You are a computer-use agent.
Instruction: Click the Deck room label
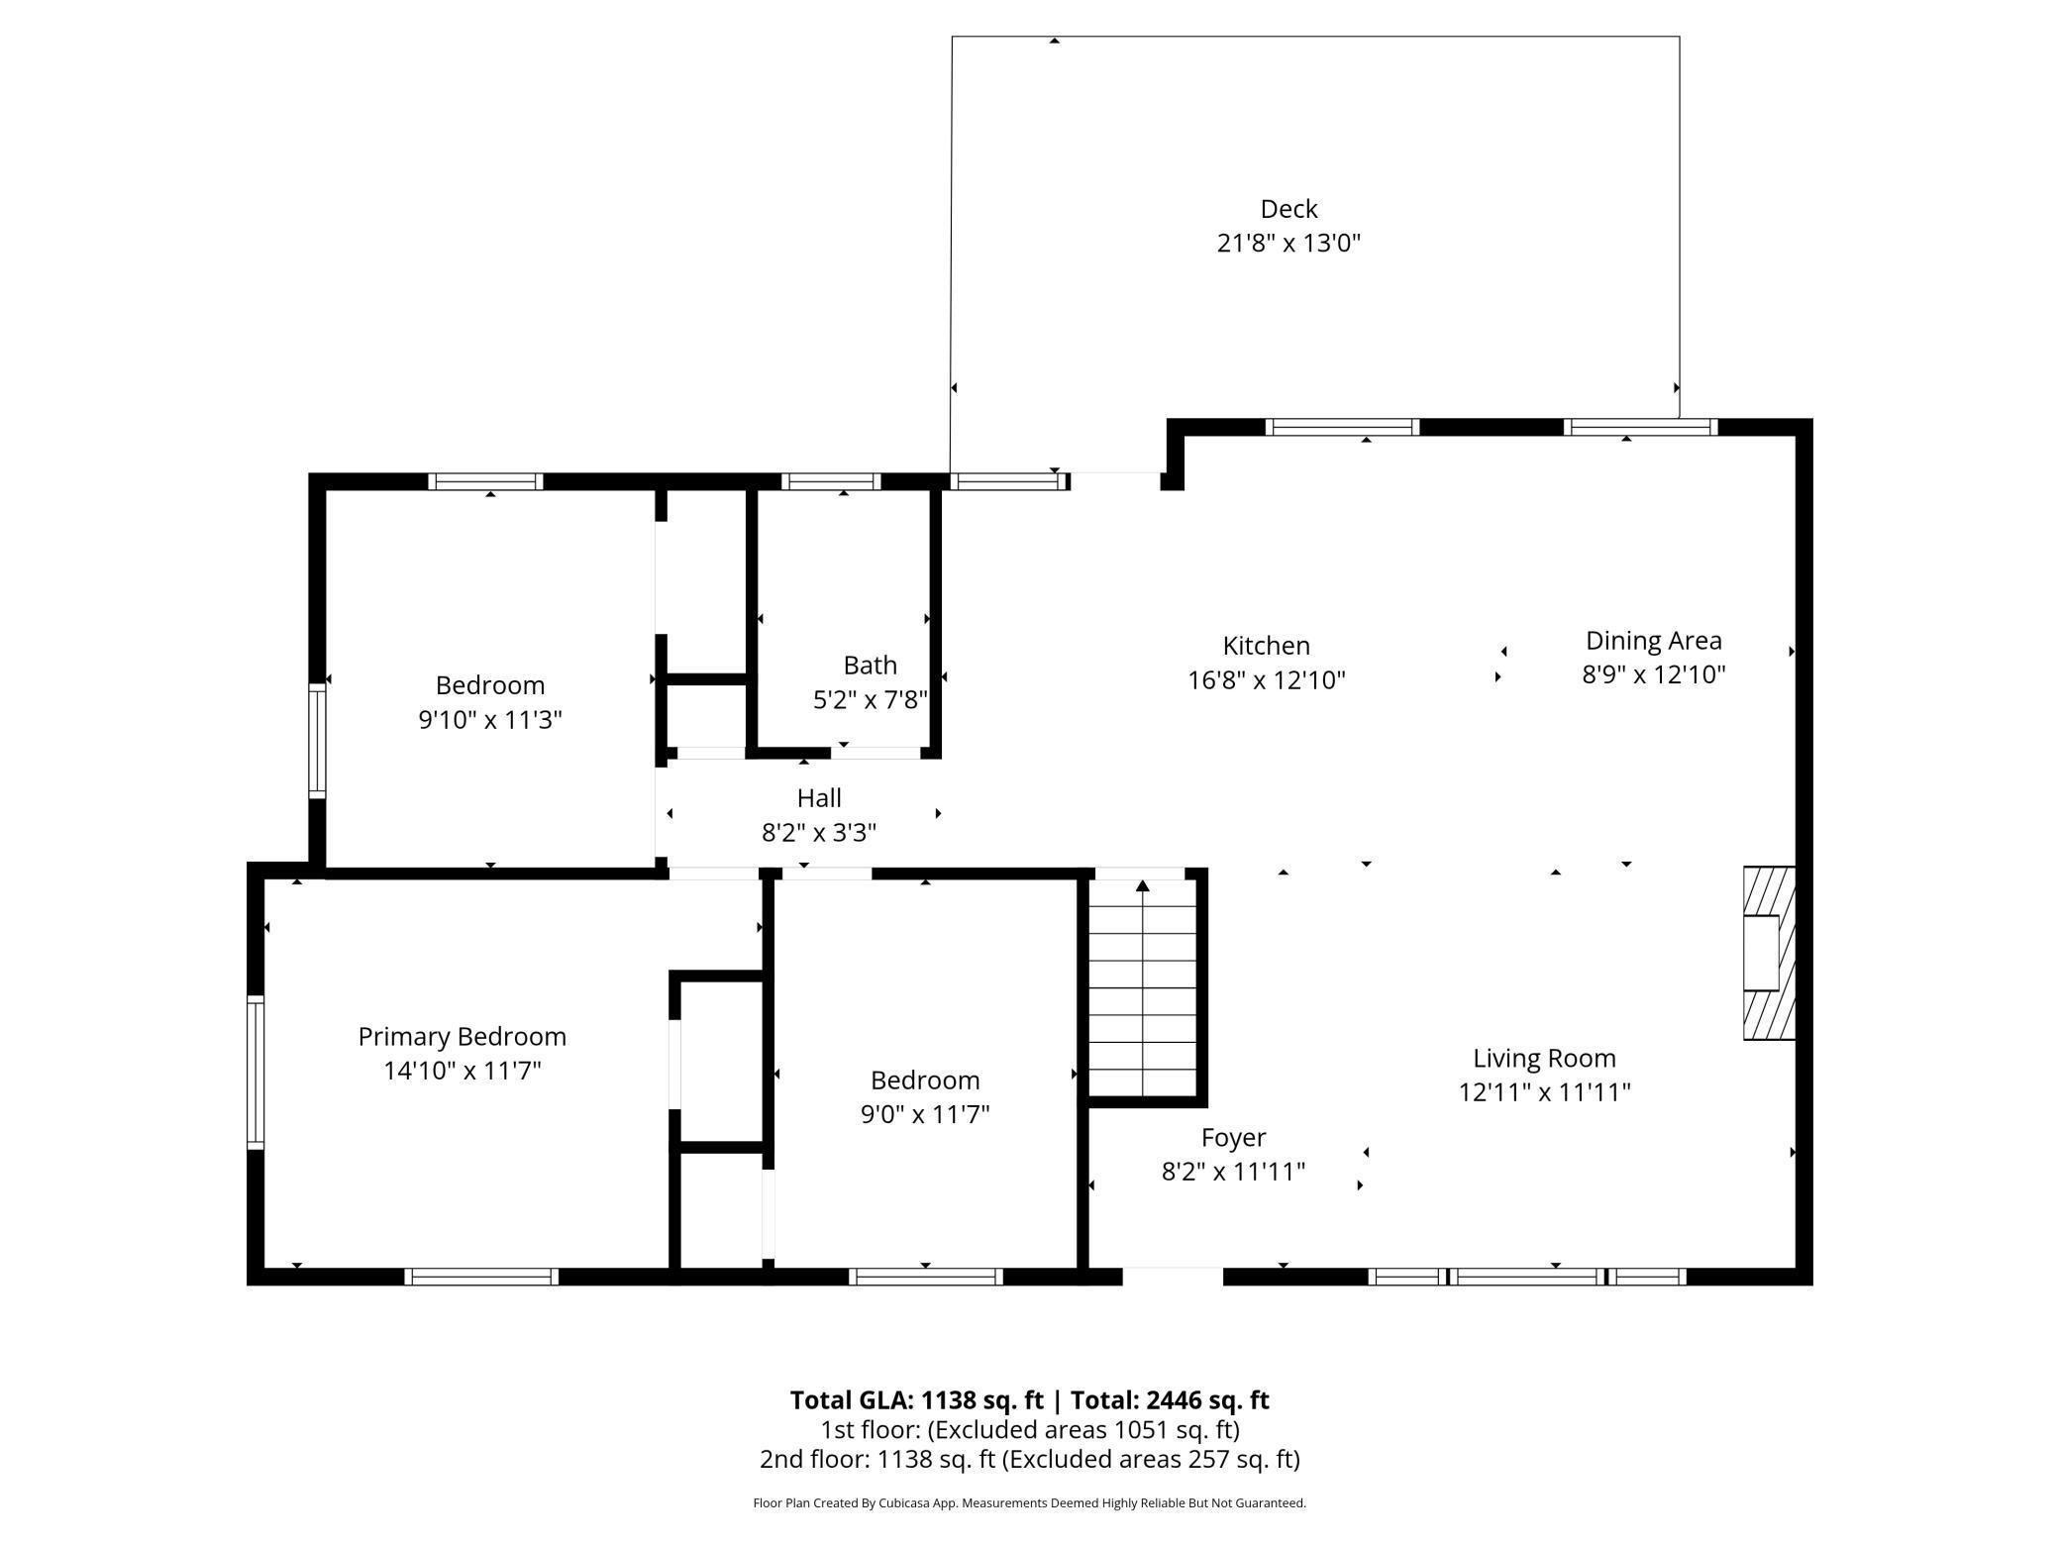pos(1288,209)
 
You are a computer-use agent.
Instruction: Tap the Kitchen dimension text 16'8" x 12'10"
pos(1267,680)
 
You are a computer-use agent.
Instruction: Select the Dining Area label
pos(1654,641)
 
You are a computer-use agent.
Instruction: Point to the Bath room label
pos(871,665)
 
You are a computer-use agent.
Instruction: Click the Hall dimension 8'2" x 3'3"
pos(819,833)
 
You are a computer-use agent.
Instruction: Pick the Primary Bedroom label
pos(463,1037)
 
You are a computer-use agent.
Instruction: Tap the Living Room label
pos(1544,1059)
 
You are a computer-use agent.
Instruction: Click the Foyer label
pos(1234,1138)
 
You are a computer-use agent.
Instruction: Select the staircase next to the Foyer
pos(1143,987)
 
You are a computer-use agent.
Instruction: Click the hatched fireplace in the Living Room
pos(1769,954)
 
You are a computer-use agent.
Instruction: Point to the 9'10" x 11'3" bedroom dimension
pos(490,720)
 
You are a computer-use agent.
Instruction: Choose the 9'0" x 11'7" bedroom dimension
pos(925,1114)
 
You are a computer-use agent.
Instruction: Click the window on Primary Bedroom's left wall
pos(256,1073)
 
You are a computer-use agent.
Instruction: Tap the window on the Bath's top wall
pos(831,482)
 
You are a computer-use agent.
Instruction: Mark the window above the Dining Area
pos(1641,428)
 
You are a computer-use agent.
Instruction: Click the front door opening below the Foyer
pos(1173,1277)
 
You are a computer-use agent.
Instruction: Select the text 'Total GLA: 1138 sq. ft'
pos(916,1400)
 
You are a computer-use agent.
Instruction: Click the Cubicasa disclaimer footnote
pos(1029,1503)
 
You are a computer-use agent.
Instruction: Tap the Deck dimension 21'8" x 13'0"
pos(1288,244)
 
